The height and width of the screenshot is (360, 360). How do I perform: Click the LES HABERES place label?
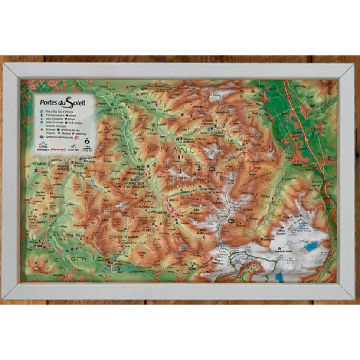coord(40,164)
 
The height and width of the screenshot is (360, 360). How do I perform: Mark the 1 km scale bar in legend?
coord(86,146)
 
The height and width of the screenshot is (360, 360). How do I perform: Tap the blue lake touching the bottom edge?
coord(279,276)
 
